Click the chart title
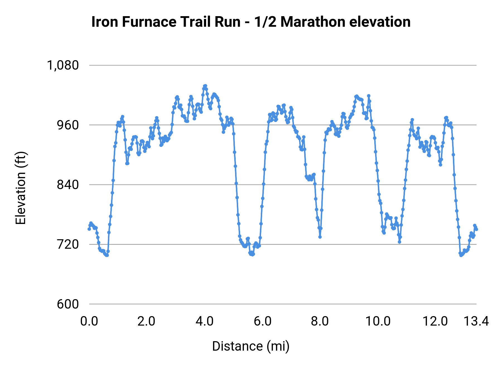click(x=251, y=22)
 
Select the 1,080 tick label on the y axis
click(x=63, y=65)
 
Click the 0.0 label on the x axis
click(x=89, y=321)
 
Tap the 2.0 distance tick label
click(x=146, y=321)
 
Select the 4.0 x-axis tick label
click(x=204, y=321)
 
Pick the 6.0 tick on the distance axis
click(x=262, y=321)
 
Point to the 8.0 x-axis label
click(x=320, y=321)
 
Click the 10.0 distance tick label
click(x=378, y=321)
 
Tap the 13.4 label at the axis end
click(x=476, y=321)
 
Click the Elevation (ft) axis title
click(x=21, y=188)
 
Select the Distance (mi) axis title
click(x=251, y=346)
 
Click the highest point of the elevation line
click(x=205, y=86)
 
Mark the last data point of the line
click(x=477, y=229)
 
